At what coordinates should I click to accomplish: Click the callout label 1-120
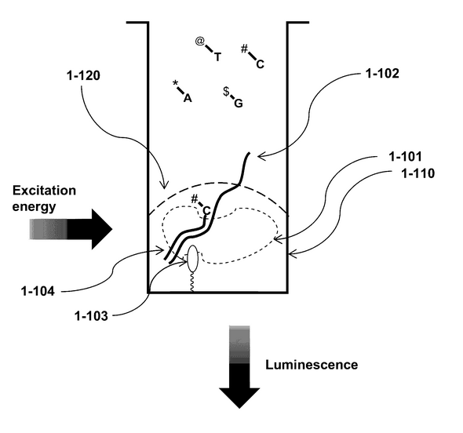point(83,75)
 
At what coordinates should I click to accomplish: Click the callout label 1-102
point(382,74)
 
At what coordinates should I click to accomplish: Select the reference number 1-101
point(405,156)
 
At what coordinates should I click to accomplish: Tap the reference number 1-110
point(418,173)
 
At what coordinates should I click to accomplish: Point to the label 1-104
point(38,291)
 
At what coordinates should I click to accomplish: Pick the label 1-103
point(91,316)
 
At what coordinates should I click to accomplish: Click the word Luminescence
point(312,365)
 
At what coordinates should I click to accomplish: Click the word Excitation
point(44,191)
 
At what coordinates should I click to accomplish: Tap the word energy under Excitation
point(34,206)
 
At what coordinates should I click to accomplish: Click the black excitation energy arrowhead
point(100,229)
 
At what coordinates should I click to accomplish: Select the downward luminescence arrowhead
point(239,398)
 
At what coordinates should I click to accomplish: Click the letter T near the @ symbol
point(217,56)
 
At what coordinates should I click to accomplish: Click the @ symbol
point(200,41)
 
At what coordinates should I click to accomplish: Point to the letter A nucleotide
point(188,98)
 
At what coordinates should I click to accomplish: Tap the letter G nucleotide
point(239,104)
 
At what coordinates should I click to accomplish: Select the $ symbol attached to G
point(226,92)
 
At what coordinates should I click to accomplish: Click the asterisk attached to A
point(175,83)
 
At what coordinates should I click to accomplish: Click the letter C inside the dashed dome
point(206,211)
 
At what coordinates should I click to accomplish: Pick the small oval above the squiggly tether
point(193,259)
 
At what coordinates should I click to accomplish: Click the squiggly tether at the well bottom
point(191,282)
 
